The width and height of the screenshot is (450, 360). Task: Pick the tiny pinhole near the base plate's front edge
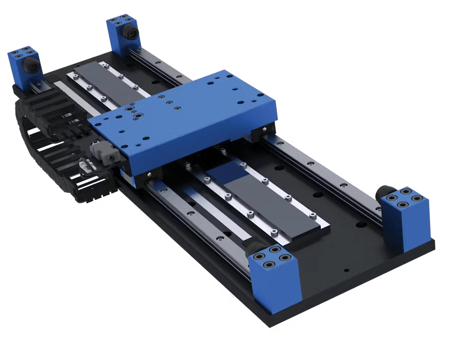tap(346, 270)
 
